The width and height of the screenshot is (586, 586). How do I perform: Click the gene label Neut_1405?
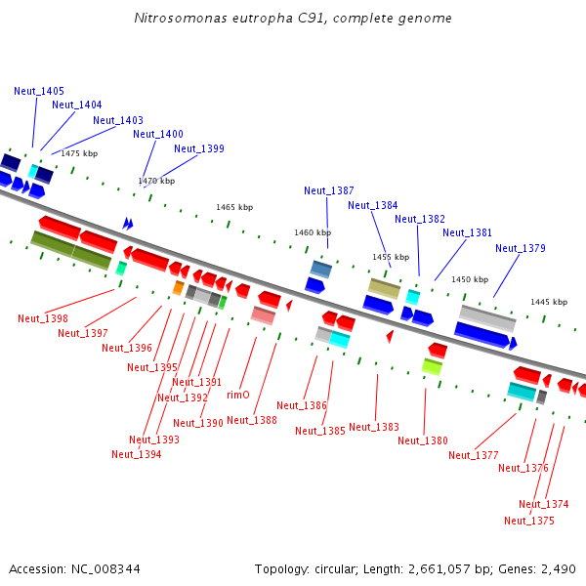pos(39,91)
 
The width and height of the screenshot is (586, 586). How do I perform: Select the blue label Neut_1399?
pos(199,148)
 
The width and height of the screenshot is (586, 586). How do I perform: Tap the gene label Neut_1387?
pos(329,190)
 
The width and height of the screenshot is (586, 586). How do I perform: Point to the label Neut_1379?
pos(521,248)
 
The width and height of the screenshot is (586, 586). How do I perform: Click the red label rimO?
pos(238,395)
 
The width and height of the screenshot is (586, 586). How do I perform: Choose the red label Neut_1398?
pos(43,318)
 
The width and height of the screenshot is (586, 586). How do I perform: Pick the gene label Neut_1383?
pos(374,427)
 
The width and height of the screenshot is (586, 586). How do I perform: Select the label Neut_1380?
pos(423,440)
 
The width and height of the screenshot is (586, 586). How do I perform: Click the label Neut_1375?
pos(529,521)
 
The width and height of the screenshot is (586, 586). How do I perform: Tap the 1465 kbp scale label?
pos(234,207)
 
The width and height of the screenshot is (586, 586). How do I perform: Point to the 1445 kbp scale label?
pos(549,302)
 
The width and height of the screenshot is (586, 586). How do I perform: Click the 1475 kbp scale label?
pos(79,153)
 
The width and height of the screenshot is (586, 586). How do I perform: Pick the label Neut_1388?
pos(252,420)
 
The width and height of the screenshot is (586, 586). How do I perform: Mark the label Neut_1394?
pos(137,454)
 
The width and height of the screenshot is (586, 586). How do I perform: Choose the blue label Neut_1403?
pos(118,120)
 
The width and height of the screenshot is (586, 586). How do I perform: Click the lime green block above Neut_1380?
pos(432,366)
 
